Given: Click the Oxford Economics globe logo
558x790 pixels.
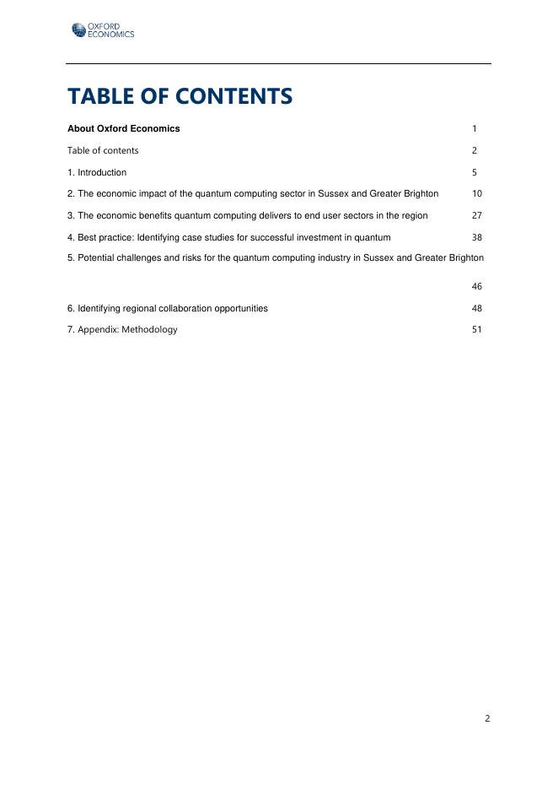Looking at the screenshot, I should pos(78,31).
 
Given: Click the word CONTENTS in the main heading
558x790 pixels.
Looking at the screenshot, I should pos(234,96).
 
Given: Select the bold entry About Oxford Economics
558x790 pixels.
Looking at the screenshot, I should pos(123,129).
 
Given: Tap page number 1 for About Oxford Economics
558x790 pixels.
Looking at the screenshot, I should pos(475,129).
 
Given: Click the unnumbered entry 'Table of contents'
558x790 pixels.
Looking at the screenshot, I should pos(103,150).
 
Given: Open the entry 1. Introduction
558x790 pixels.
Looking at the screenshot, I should pos(97,172).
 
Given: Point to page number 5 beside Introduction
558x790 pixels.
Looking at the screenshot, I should pos(475,172).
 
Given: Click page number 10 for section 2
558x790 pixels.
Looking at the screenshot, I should pos(477,194).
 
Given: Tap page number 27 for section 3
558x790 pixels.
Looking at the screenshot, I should pos(477,216).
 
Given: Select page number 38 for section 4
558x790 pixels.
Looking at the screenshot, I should pos(477,238).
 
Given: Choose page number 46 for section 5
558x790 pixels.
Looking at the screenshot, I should pos(477,287).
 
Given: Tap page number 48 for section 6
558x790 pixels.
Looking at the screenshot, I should pos(477,309).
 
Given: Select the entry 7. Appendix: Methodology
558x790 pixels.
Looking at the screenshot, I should pos(122,330).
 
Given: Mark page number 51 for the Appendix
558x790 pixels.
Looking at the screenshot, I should pos(477,330).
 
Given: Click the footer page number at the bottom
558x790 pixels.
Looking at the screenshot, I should pos(487,719).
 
